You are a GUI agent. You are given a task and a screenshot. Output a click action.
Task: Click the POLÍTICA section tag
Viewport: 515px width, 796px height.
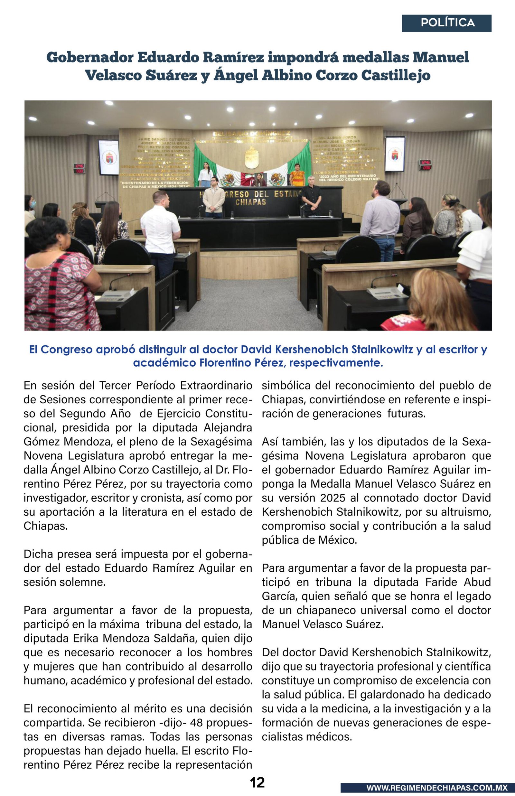[x=447, y=23]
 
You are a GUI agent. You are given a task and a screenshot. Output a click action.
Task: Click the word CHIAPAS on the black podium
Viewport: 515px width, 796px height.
[x=250, y=202]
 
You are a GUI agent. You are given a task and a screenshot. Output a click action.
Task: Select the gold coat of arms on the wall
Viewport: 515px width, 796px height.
[x=251, y=157]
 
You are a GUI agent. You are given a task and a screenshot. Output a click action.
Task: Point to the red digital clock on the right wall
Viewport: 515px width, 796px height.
[x=426, y=165]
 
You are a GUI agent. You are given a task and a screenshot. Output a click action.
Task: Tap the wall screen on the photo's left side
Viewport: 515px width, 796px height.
[x=108, y=157]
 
